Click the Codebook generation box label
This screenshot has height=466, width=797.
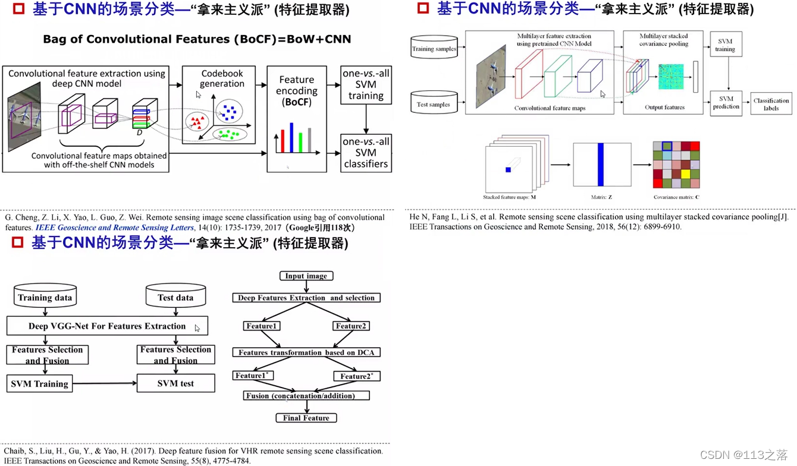[x=222, y=78]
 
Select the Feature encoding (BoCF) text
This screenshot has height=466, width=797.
[x=296, y=90]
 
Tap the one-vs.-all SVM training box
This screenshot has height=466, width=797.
[x=366, y=84]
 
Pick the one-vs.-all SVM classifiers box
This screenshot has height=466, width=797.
[x=366, y=152]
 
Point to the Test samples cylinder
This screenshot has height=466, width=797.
[x=434, y=104]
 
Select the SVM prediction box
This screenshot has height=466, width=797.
[x=726, y=103]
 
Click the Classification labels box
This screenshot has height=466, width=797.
[x=771, y=104]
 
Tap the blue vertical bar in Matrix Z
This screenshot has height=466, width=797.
[x=601, y=165]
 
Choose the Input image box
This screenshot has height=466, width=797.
[x=306, y=276]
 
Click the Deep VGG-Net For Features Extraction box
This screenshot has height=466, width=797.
[x=107, y=326]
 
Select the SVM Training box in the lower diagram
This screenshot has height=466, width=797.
[x=39, y=383]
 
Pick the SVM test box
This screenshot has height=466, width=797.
[x=175, y=383]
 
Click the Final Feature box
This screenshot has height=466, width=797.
[x=306, y=418]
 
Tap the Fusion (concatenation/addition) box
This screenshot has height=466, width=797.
[x=306, y=395]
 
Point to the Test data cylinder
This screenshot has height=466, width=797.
[x=175, y=297]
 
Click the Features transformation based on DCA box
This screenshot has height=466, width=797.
[x=306, y=352]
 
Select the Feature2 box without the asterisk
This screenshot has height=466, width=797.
[x=351, y=326]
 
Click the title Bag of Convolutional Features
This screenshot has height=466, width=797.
[x=197, y=39]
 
